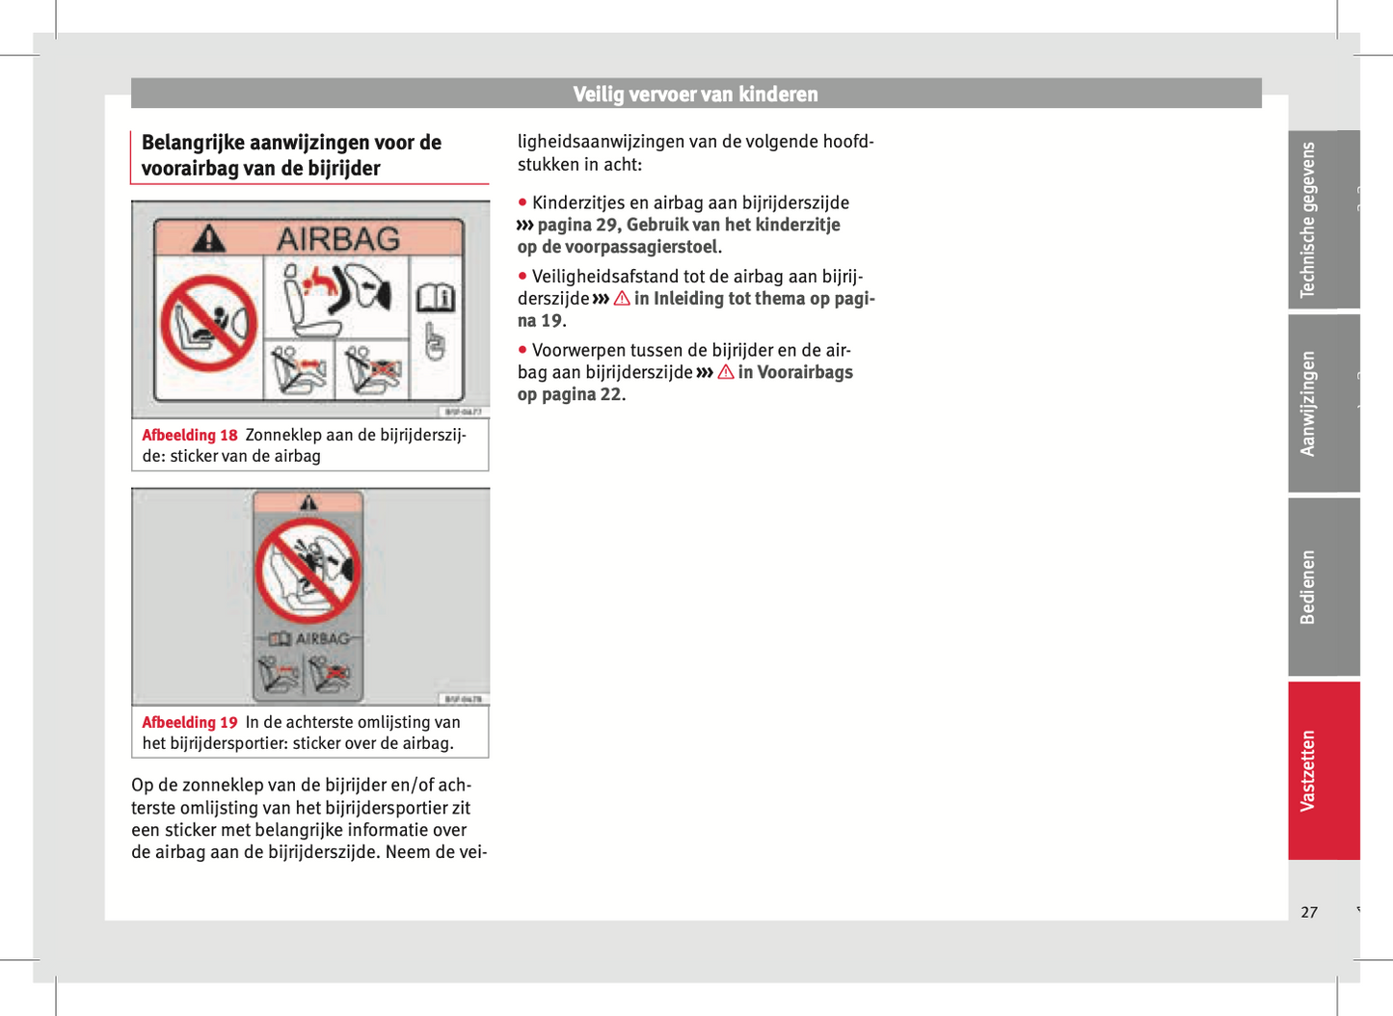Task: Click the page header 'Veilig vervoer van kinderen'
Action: pyautogui.click(x=695, y=94)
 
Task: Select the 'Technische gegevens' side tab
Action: pyautogui.click(x=1308, y=220)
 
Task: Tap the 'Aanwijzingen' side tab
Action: pyautogui.click(x=1308, y=403)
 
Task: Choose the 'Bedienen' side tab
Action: pyautogui.click(x=1308, y=586)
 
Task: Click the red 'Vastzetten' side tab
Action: pyautogui.click(x=1308, y=770)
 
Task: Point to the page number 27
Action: pyautogui.click(x=1308, y=912)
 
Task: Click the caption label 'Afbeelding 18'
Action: pyautogui.click(x=190, y=436)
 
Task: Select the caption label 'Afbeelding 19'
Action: pyautogui.click(x=190, y=723)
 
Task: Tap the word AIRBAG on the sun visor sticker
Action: pyautogui.click(x=338, y=239)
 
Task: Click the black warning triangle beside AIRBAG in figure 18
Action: pyautogui.click(x=209, y=238)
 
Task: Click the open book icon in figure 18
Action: pyautogui.click(x=435, y=298)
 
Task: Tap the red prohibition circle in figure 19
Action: pyautogui.click(x=308, y=570)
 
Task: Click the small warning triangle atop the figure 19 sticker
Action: pyautogui.click(x=308, y=502)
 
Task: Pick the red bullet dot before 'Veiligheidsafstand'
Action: pyautogui.click(x=522, y=277)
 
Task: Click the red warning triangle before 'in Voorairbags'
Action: pyautogui.click(x=725, y=372)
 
